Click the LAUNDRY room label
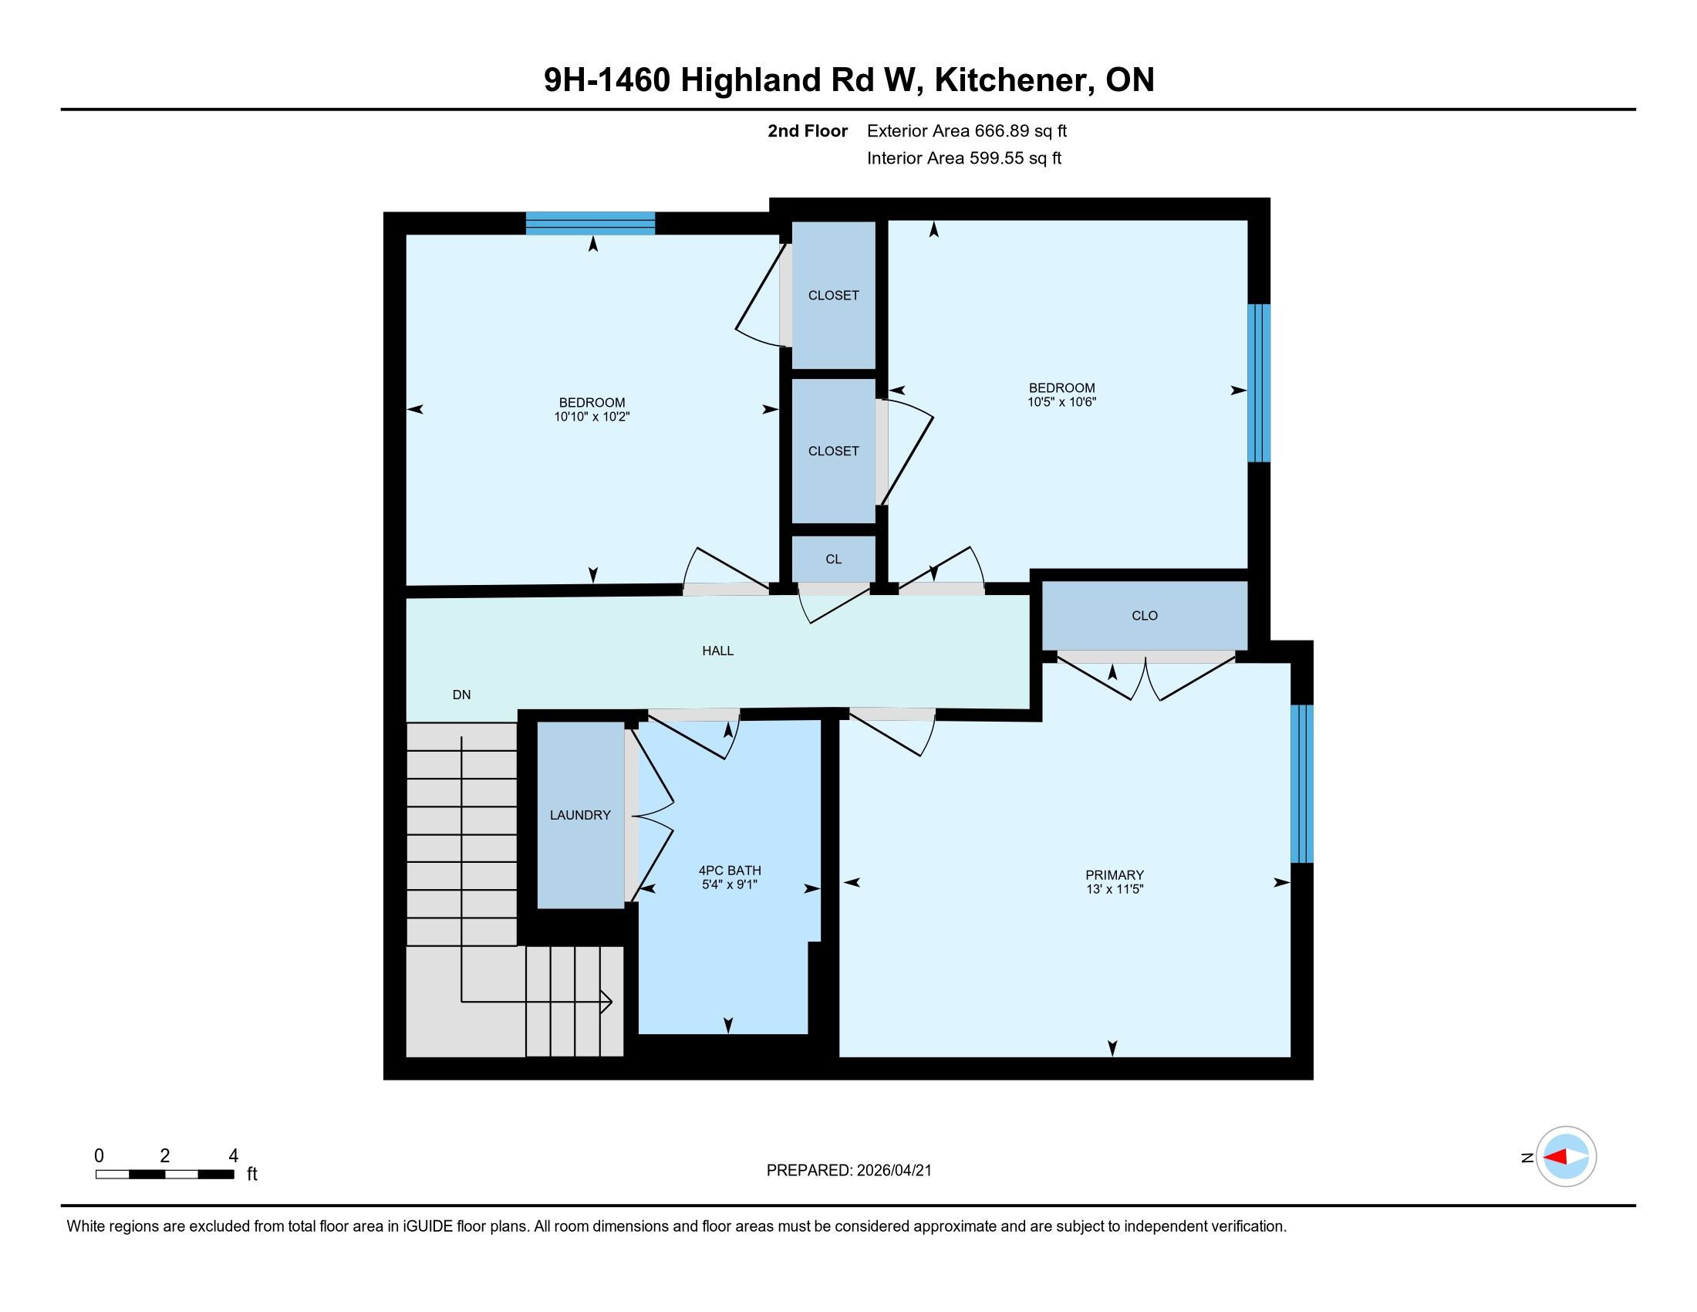[x=579, y=814]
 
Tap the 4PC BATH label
[x=730, y=871]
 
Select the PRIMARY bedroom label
[x=1115, y=875]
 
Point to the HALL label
[x=718, y=651]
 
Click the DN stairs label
[x=461, y=695]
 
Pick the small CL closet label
[x=834, y=559]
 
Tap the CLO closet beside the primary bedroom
[x=1145, y=616]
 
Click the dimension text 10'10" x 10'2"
[x=592, y=417]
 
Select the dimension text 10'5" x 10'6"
[x=1061, y=402]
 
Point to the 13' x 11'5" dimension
[x=1115, y=889]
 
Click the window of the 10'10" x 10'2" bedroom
[x=591, y=223]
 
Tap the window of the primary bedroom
[x=1302, y=784]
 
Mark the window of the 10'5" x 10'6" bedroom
[x=1259, y=384]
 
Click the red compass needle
[x=1555, y=1158]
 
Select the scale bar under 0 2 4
[x=165, y=1175]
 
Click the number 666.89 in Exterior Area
[x=1001, y=131]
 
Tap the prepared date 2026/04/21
[x=894, y=1171]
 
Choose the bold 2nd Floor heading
[x=808, y=131]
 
